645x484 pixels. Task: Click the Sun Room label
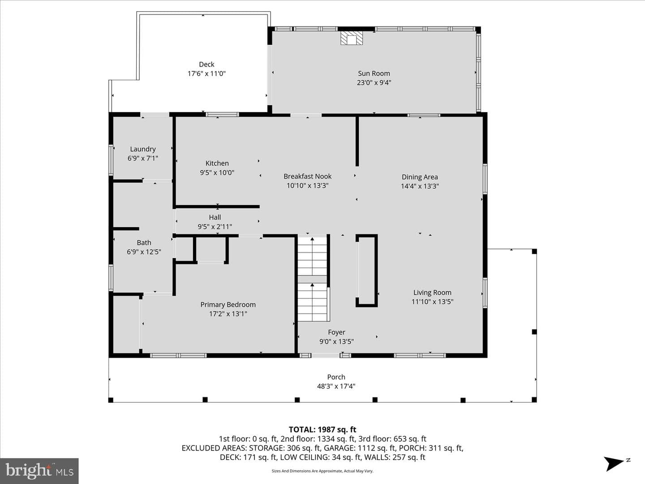(374, 73)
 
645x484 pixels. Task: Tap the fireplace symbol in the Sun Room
(352, 38)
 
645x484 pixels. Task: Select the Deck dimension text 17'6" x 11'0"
(206, 73)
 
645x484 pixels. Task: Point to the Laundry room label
(143, 149)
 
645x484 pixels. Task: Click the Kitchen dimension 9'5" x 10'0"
(217, 173)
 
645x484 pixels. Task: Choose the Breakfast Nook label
(307, 176)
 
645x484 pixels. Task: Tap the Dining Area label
(420, 177)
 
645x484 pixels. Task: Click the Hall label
(215, 217)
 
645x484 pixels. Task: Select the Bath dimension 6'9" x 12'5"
(144, 252)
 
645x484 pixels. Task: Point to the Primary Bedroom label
(228, 305)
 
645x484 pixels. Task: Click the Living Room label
(432, 293)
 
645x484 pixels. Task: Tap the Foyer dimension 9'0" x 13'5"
(336, 341)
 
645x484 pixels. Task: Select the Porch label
(336, 377)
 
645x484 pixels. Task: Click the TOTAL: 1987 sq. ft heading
(322, 430)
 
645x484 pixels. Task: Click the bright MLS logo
(39, 471)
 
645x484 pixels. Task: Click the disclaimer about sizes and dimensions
(322, 471)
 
